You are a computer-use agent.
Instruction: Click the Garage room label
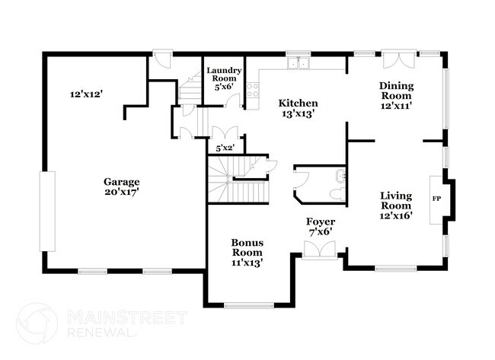pyautogui.click(x=122, y=182)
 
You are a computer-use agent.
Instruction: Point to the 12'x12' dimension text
pyautogui.click(x=86, y=94)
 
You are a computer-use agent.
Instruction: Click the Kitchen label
pyautogui.click(x=298, y=103)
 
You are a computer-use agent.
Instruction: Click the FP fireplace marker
pyautogui.click(x=436, y=199)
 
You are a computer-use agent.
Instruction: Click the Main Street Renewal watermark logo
pyautogui.click(x=37, y=323)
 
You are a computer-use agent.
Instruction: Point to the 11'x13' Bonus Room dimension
pyautogui.click(x=247, y=263)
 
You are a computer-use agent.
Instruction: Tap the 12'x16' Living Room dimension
pyautogui.click(x=396, y=215)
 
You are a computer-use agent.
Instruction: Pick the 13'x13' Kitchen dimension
pyautogui.click(x=298, y=113)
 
